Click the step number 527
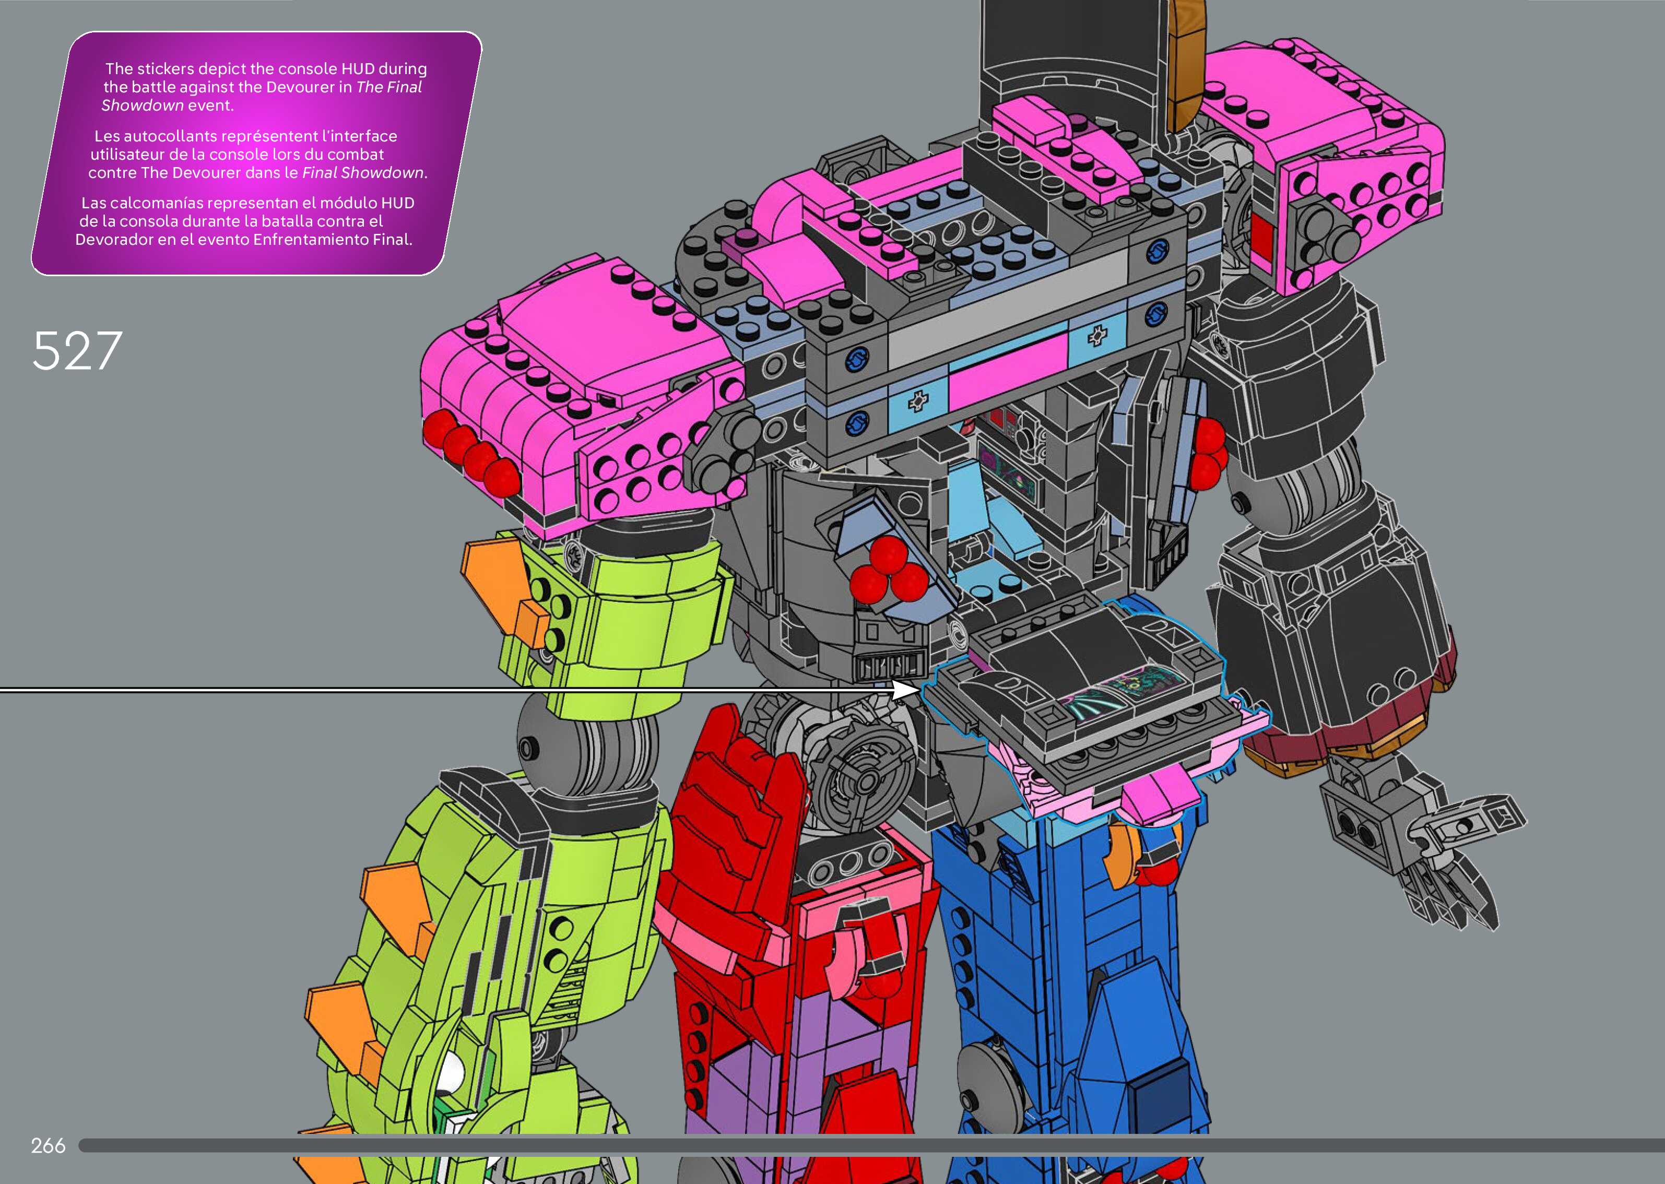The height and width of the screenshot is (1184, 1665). (x=77, y=351)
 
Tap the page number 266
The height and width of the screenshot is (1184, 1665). (x=48, y=1145)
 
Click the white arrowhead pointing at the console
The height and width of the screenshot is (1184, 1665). (x=907, y=690)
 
